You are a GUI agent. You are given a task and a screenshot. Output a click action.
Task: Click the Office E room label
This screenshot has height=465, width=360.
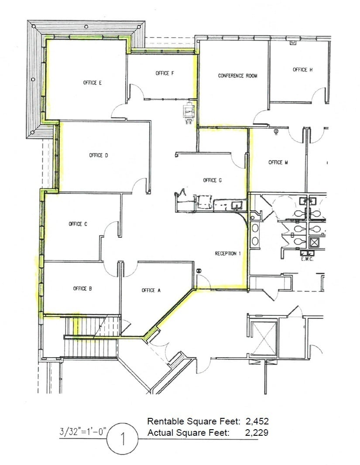pyautogui.click(x=93, y=82)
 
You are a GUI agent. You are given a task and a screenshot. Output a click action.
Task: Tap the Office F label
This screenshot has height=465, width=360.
pyautogui.click(x=165, y=73)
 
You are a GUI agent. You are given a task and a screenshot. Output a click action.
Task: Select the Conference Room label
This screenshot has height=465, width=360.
pyautogui.click(x=238, y=75)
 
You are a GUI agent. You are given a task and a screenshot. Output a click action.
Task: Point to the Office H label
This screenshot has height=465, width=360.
pyautogui.click(x=302, y=69)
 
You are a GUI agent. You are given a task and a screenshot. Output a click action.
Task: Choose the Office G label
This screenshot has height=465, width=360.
pyautogui.click(x=213, y=180)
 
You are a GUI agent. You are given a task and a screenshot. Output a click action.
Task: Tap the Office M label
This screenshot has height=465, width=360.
pyautogui.click(x=278, y=162)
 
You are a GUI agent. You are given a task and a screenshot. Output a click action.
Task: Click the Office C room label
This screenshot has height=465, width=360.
pyautogui.click(x=78, y=224)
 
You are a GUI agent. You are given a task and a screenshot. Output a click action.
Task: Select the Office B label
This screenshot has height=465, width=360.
pyautogui.click(x=82, y=288)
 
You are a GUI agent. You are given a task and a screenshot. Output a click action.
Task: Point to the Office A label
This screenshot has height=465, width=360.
pyautogui.click(x=151, y=290)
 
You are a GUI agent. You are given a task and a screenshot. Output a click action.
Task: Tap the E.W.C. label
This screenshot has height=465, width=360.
pyautogui.click(x=307, y=259)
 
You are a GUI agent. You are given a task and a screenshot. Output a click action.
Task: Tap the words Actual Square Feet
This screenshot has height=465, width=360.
pyautogui.click(x=188, y=433)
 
